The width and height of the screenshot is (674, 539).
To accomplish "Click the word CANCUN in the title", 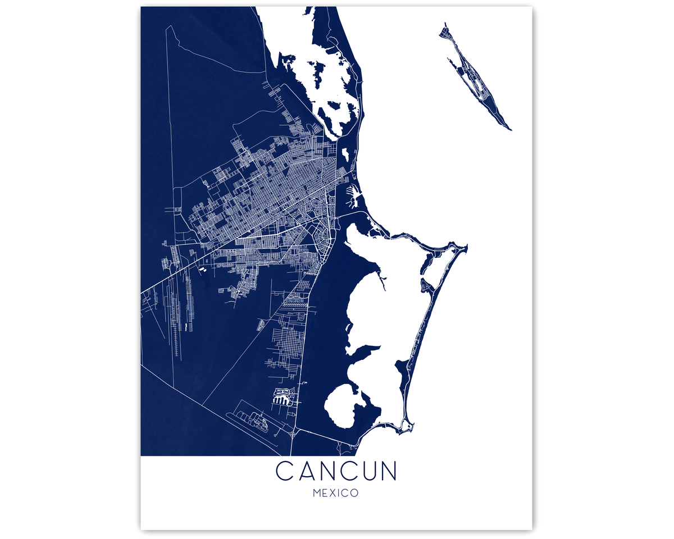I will [336, 471].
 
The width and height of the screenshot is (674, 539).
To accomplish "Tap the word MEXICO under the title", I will [336, 494].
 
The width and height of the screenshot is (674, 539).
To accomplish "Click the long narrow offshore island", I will [477, 79].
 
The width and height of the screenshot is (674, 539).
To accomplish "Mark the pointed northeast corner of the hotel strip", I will [466, 246].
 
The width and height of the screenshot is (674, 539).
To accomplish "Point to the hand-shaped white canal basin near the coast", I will [354, 197].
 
